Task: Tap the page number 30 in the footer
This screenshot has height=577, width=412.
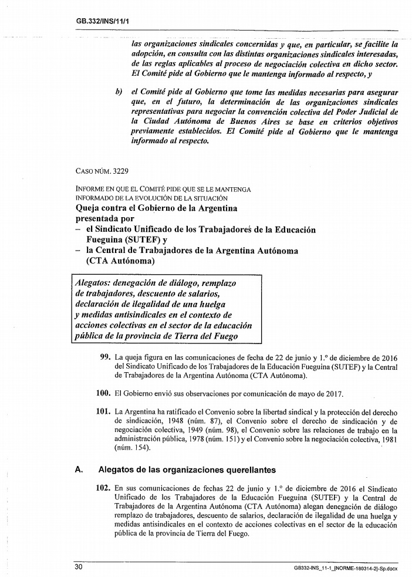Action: (x=79, y=566)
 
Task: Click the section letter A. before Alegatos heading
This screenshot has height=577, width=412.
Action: (x=78, y=470)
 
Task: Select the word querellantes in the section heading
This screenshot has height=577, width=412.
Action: (x=244, y=470)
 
